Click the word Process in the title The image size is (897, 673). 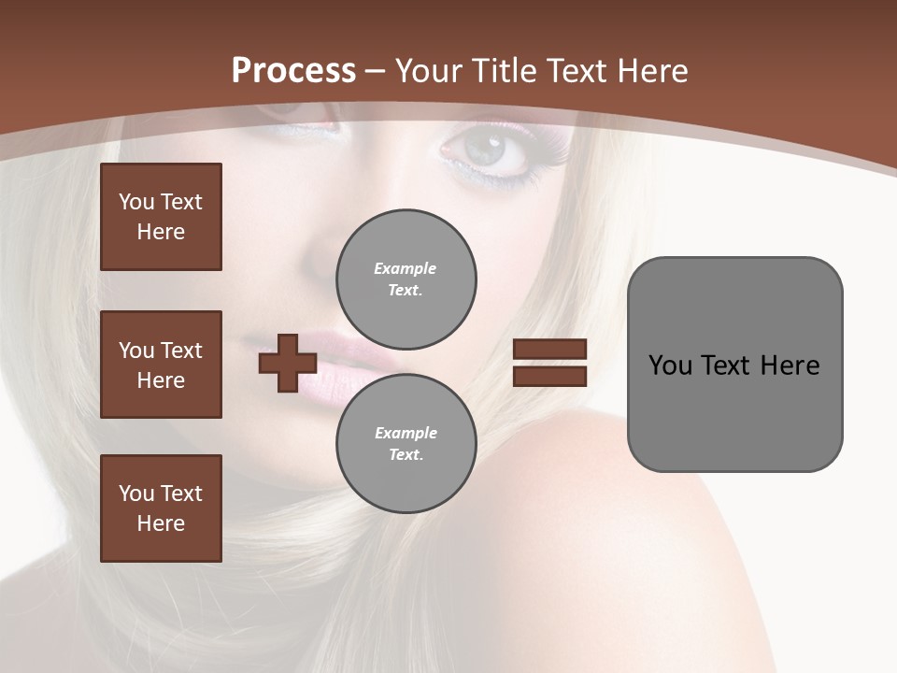[x=293, y=71]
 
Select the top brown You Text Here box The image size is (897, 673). [x=161, y=217]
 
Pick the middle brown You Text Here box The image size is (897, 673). [x=161, y=365]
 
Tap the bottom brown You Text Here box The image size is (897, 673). [x=161, y=508]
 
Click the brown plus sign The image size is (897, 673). [x=288, y=363]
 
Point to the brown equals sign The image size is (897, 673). [x=550, y=363]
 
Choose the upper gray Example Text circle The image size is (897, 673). [x=406, y=279]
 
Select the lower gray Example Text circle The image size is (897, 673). [x=406, y=443]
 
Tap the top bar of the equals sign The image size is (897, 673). [x=550, y=350]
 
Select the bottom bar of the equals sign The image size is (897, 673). [x=550, y=376]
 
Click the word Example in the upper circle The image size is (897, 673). [x=405, y=268]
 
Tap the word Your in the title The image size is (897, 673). [x=427, y=71]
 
